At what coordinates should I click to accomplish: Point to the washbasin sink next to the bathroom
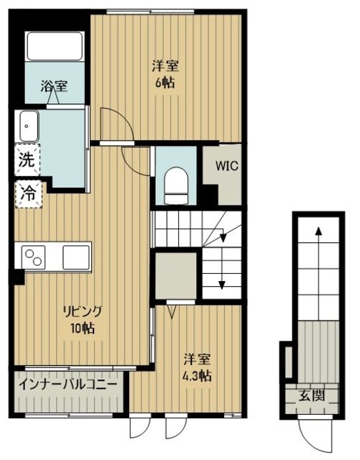click(28, 127)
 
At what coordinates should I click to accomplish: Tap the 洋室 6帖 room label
click(165, 74)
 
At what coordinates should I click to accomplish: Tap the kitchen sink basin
click(75, 256)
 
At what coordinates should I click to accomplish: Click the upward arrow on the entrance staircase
click(318, 231)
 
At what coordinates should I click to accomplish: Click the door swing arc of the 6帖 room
click(114, 122)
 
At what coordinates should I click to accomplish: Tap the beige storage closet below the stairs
click(174, 275)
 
